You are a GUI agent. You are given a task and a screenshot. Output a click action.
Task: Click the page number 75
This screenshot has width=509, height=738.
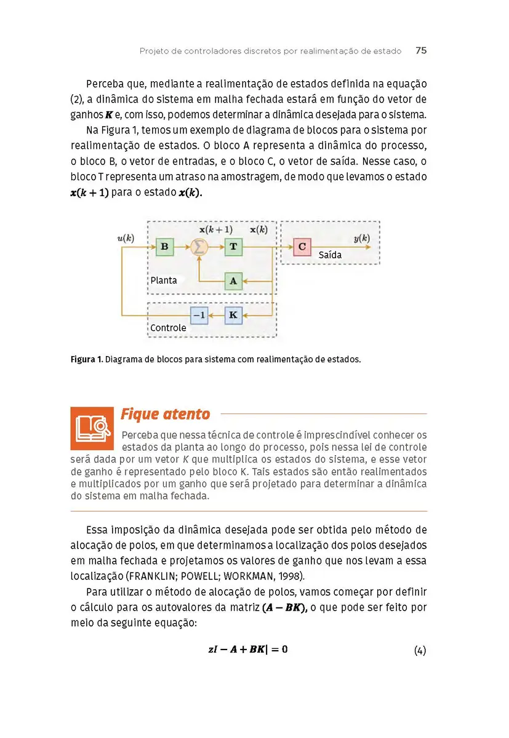421,51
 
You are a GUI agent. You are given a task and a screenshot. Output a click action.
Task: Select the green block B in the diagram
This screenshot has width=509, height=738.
164,247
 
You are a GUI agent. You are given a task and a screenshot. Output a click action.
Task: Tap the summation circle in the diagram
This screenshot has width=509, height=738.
199,247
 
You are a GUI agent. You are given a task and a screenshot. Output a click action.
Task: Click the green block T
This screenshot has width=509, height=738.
233,247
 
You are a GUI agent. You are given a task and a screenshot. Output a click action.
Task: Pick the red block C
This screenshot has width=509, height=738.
302,247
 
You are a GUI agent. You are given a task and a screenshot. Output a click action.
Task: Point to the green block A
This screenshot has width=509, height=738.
233,281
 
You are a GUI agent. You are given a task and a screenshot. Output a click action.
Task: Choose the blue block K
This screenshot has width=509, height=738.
233,315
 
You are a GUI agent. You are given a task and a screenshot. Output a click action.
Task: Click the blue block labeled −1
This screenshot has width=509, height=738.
199,315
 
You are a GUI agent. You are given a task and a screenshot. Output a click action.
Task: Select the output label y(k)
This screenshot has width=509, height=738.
361,238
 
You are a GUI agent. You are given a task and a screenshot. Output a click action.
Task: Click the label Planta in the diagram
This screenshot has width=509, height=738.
164,280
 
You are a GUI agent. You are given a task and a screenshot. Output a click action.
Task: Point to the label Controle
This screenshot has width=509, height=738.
168,328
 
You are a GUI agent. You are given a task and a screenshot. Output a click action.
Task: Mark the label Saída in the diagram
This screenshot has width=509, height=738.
330,255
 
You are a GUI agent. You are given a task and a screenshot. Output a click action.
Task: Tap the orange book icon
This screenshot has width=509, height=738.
92,428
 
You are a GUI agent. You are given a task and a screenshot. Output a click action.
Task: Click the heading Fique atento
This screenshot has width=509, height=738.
165,414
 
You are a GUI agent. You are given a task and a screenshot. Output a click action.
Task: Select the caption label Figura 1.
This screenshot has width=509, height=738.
86,359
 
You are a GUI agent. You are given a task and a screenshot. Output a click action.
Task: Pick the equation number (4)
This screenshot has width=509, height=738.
420,651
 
